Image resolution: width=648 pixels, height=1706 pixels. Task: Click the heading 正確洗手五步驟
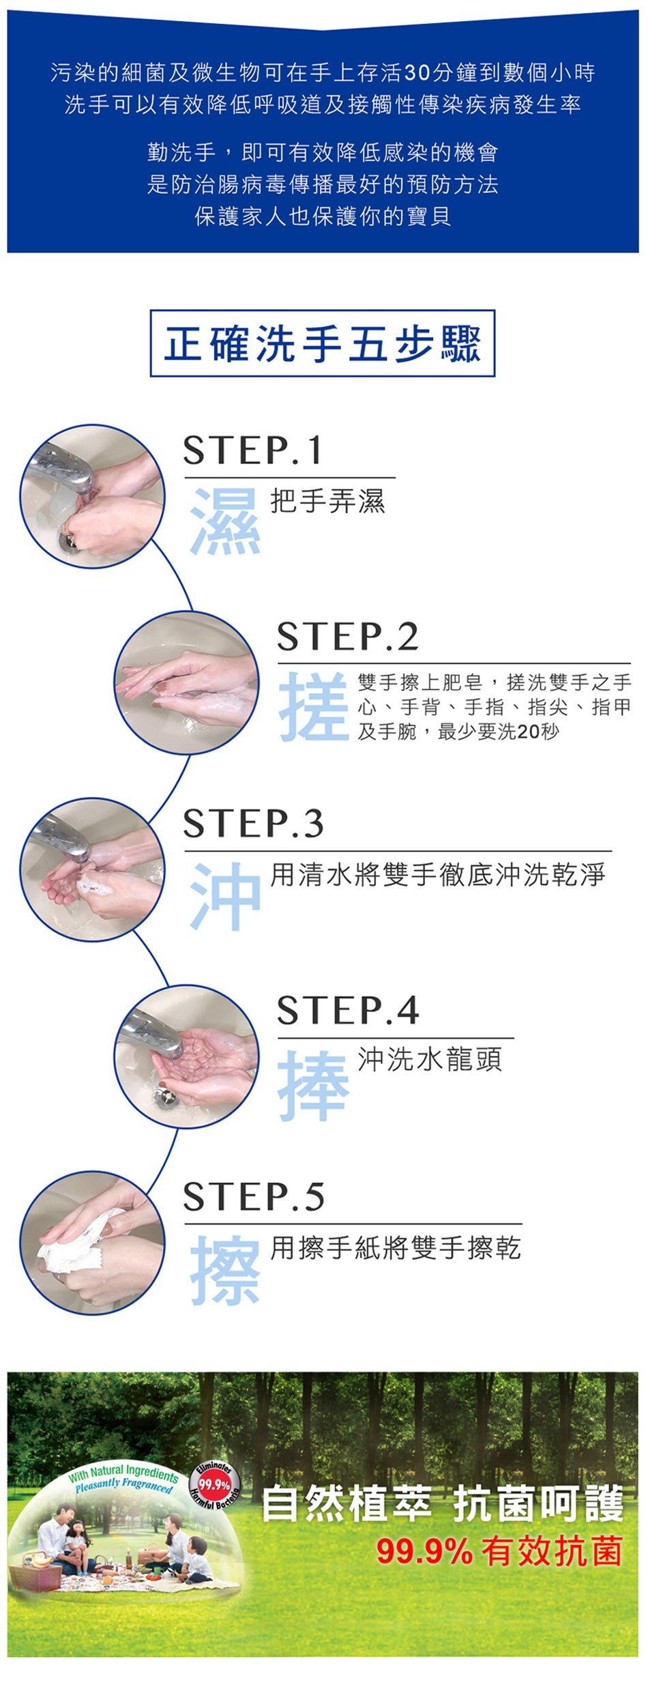click(323, 343)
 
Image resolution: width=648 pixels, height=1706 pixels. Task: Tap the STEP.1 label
click(252, 450)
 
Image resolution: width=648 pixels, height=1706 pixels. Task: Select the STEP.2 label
click(347, 637)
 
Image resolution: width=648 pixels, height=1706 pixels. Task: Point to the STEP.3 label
click(253, 824)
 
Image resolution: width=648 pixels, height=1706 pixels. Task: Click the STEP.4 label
click(348, 1010)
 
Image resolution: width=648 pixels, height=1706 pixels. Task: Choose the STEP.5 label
click(254, 1196)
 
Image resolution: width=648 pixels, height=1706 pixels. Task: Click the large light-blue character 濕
click(225, 521)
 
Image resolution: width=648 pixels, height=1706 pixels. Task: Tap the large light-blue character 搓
click(314, 706)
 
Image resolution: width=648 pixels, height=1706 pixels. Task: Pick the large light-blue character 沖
click(225, 895)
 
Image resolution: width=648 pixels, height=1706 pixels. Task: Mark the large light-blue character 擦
click(225, 1269)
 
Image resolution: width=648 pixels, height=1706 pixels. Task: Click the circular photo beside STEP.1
click(92, 496)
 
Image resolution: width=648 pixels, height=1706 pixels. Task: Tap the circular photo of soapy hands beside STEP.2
click(186, 682)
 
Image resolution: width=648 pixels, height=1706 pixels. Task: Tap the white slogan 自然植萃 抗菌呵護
click(443, 1504)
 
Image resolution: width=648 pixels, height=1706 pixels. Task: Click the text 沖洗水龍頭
click(430, 1059)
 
